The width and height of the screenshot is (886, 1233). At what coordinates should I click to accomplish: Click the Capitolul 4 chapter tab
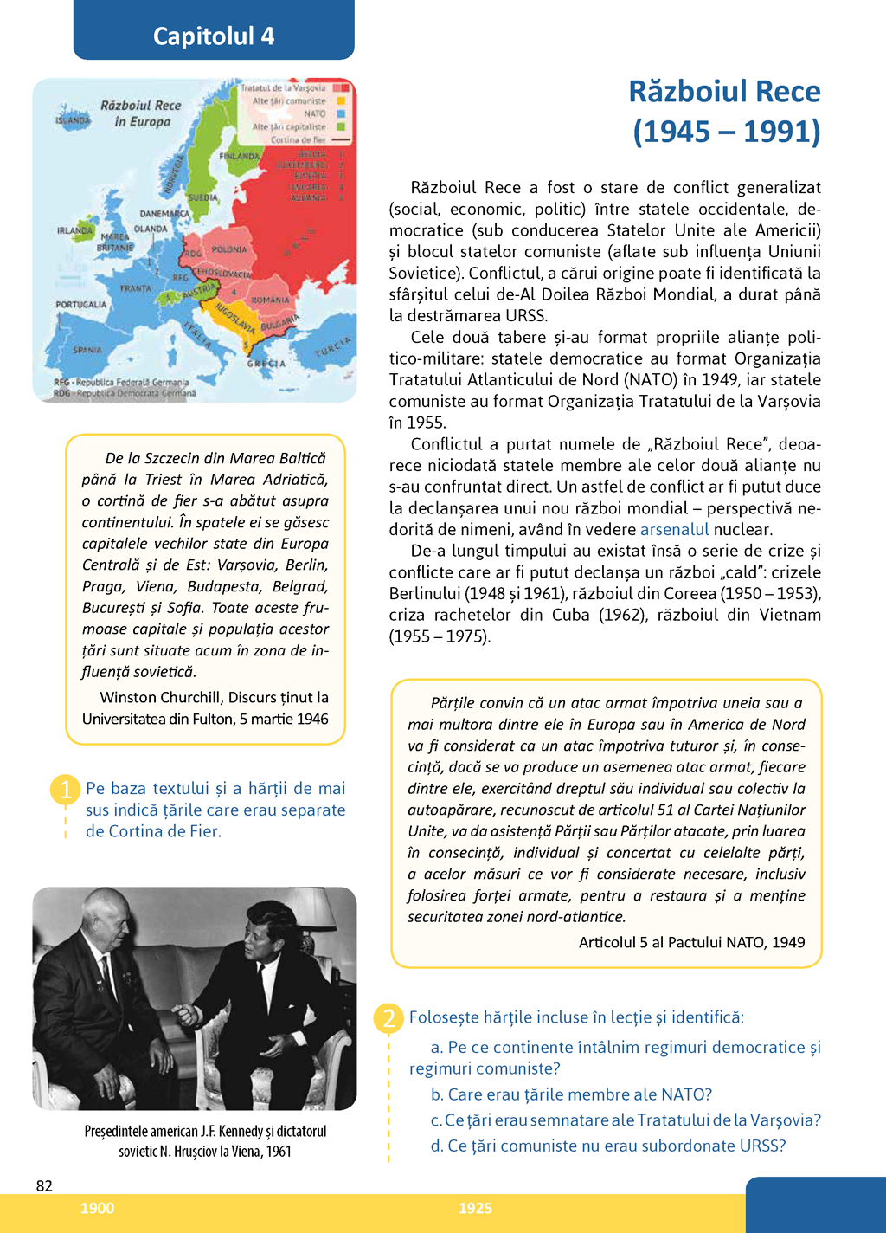pyautogui.click(x=214, y=35)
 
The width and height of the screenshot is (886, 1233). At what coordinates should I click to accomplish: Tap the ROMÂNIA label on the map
pyautogui.click(x=270, y=300)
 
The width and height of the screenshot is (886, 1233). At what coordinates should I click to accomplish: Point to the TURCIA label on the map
pyautogui.click(x=333, y=346)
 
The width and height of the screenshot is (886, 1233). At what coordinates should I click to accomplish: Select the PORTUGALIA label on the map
pyautogui.click(x=81, y=305)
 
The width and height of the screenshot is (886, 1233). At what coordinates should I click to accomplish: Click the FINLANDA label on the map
pyautogui.click(x=240, y=157)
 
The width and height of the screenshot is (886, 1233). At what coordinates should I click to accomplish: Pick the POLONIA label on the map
pyautogui.click(x=229, y=249)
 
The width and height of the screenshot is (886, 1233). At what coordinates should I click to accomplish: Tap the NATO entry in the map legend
pyautogui.click(x=315, y=113)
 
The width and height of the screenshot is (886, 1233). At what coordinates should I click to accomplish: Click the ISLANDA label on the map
pyautogui.click(x=73, y=120)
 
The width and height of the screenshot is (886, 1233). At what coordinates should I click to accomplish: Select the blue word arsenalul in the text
pyautogui.click(x=674, y=529)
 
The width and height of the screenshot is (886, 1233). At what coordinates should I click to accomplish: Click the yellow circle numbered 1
pyautogui.click(x=66, y=789)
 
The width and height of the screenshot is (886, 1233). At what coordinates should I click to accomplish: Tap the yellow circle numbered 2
pyautogui.click(x=388, y=1017)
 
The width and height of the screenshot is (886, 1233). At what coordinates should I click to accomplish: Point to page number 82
pyautogui.click(x=44, y=1185)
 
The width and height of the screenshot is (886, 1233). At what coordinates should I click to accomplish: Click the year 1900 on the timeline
pyautogui.click(x=97, y=1208)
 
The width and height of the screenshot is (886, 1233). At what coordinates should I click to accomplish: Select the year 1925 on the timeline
pyautogui.click(x=475, y=1208)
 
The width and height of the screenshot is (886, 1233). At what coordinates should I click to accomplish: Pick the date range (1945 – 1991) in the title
pyautogui.click(x=726, y=132)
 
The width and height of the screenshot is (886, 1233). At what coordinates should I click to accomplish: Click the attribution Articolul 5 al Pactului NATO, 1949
pyautogui.click(x=691, y=942)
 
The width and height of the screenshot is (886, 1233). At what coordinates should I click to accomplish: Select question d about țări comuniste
pyautogui.click(x=608, y=1146)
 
